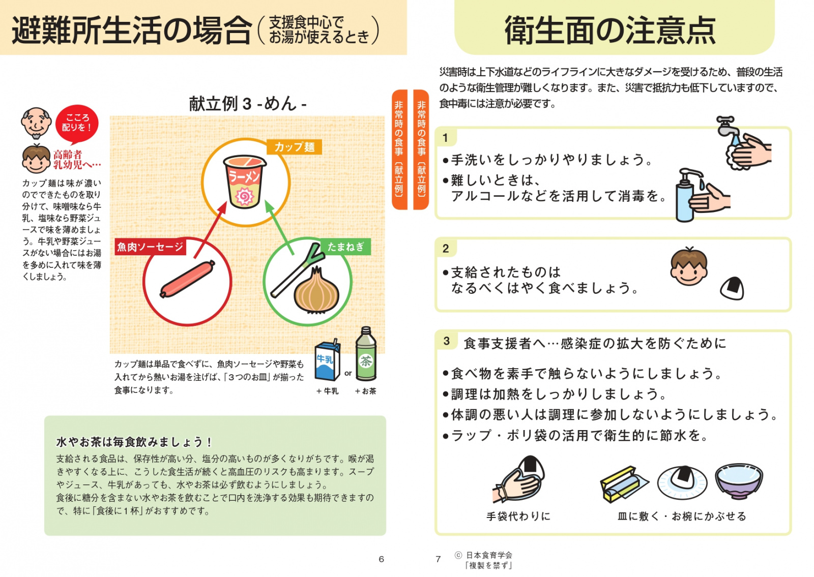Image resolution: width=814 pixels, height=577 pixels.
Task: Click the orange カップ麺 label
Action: click(295, 147)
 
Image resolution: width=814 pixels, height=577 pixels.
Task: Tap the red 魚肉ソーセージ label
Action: click(151, 247)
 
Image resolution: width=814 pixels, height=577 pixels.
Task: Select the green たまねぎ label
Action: click(345, 247)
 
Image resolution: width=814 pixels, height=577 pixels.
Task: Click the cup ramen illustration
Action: click(245, 181)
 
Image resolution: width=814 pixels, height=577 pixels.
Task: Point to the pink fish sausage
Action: click(188, 279)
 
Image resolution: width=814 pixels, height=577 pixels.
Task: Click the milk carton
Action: click(328, 360)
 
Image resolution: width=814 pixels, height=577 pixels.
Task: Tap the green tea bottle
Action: click(366, 354)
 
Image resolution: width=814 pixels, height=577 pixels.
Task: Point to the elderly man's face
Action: click(36, 123)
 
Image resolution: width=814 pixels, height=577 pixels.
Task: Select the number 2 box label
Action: click(446, 249)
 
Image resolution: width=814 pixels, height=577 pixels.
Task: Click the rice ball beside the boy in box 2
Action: click(732, 289)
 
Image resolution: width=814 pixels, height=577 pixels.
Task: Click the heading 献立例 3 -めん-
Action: click(248, 104)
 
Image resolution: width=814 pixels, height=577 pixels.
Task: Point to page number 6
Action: click(381, 559)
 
